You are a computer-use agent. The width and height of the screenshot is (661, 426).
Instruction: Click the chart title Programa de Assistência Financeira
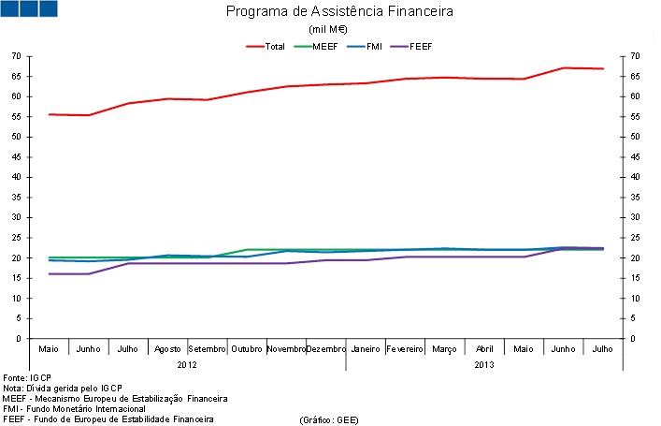[x=339, y=12]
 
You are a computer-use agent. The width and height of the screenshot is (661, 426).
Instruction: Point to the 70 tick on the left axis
[x=16, y=56]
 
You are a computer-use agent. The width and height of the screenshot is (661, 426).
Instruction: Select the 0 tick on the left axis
[x=19, y=338]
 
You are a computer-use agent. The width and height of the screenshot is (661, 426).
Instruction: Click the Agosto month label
[x=167, y=349]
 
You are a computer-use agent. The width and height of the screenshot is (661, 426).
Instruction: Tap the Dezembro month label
[x=326, y=349]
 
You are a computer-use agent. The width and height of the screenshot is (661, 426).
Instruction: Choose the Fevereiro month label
[x=406, y=349]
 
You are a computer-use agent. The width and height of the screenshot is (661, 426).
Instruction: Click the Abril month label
[x=485, y=349]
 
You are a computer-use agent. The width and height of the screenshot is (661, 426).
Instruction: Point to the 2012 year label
[x=188, y=364]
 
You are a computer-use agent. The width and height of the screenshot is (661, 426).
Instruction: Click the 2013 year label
[x=485, y=364]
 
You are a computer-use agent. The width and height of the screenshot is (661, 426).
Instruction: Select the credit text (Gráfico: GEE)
[x=329, y=419]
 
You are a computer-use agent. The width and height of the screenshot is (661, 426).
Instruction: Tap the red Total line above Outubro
[x=247, y=92]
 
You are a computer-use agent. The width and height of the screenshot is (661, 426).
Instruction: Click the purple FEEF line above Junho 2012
[x=89, y=273]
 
